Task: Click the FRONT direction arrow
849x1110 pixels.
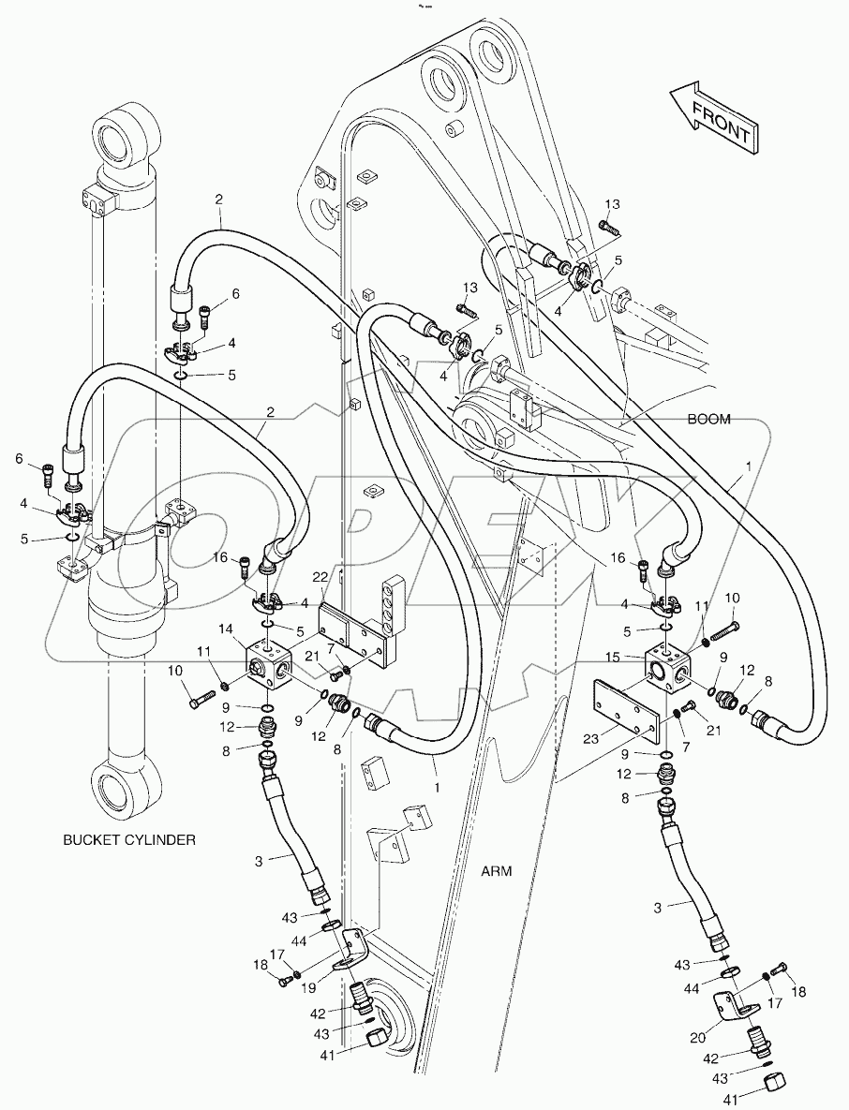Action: [711, 118]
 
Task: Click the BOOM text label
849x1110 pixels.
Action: [708, 420]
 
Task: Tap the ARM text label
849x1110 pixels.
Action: [496, 870]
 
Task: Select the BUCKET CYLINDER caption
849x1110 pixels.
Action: [129, 840]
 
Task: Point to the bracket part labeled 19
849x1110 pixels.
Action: [353, 949]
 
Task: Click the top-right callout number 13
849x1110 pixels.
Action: [611, 204]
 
